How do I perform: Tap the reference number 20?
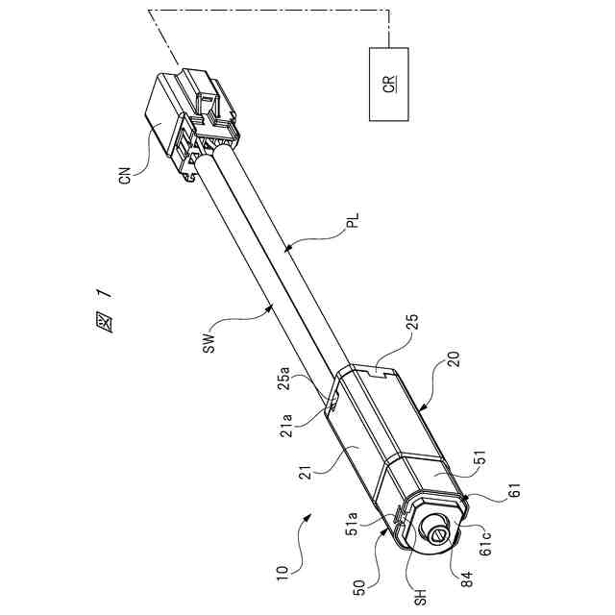pos(452,370)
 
